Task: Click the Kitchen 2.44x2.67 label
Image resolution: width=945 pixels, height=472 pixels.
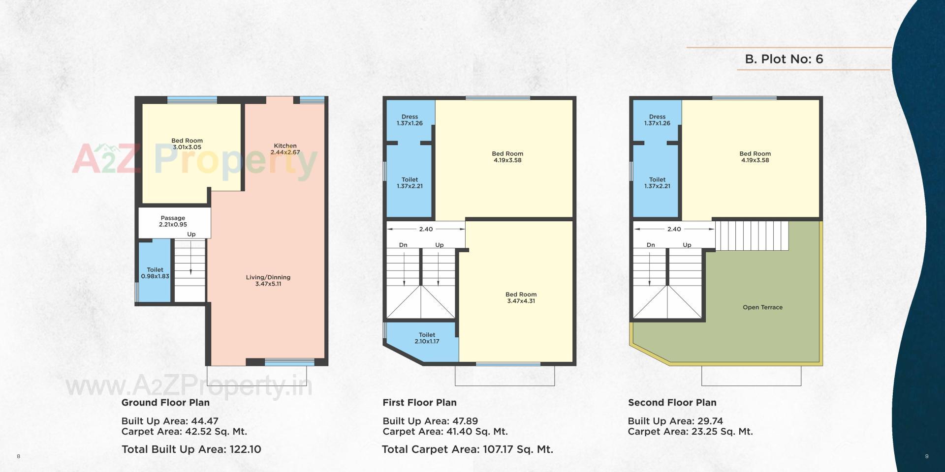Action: click(x=285, y=149)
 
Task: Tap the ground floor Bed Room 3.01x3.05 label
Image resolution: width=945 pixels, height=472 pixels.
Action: click(x=187, y=144)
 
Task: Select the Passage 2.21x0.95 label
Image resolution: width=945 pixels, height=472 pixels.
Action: click(x=173, y=221)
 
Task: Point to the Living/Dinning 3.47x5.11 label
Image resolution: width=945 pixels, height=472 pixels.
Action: click(x=268, y=280)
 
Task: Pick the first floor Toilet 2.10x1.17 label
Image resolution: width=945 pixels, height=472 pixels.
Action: click(x=427, y=338)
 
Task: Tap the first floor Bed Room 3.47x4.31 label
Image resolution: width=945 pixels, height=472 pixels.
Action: click(x=521, y=297)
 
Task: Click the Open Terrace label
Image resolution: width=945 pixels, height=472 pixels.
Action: click(x=762, y=307)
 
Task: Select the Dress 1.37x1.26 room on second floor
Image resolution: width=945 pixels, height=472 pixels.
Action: click(x=657, y=120)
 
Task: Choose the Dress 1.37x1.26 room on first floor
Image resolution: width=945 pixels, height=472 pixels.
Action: click(x=409, y=120)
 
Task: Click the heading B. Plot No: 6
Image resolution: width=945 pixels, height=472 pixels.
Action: click(x=784, y=59)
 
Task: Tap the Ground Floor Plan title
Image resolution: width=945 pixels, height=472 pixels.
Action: click(x=165, y=402)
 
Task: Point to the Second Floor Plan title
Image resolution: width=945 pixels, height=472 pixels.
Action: click(x=672, y=402)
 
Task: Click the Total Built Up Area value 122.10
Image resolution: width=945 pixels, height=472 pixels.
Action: click(x=245, y=449)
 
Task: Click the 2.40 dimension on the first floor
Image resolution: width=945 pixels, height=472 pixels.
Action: click(x=426, y=229)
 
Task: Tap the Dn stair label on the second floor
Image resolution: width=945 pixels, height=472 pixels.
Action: click(x=651, y=245)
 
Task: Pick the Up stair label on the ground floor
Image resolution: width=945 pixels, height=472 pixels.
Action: click(x=191, y=235)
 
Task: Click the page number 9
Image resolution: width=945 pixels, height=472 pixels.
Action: click(x=927, y=456)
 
